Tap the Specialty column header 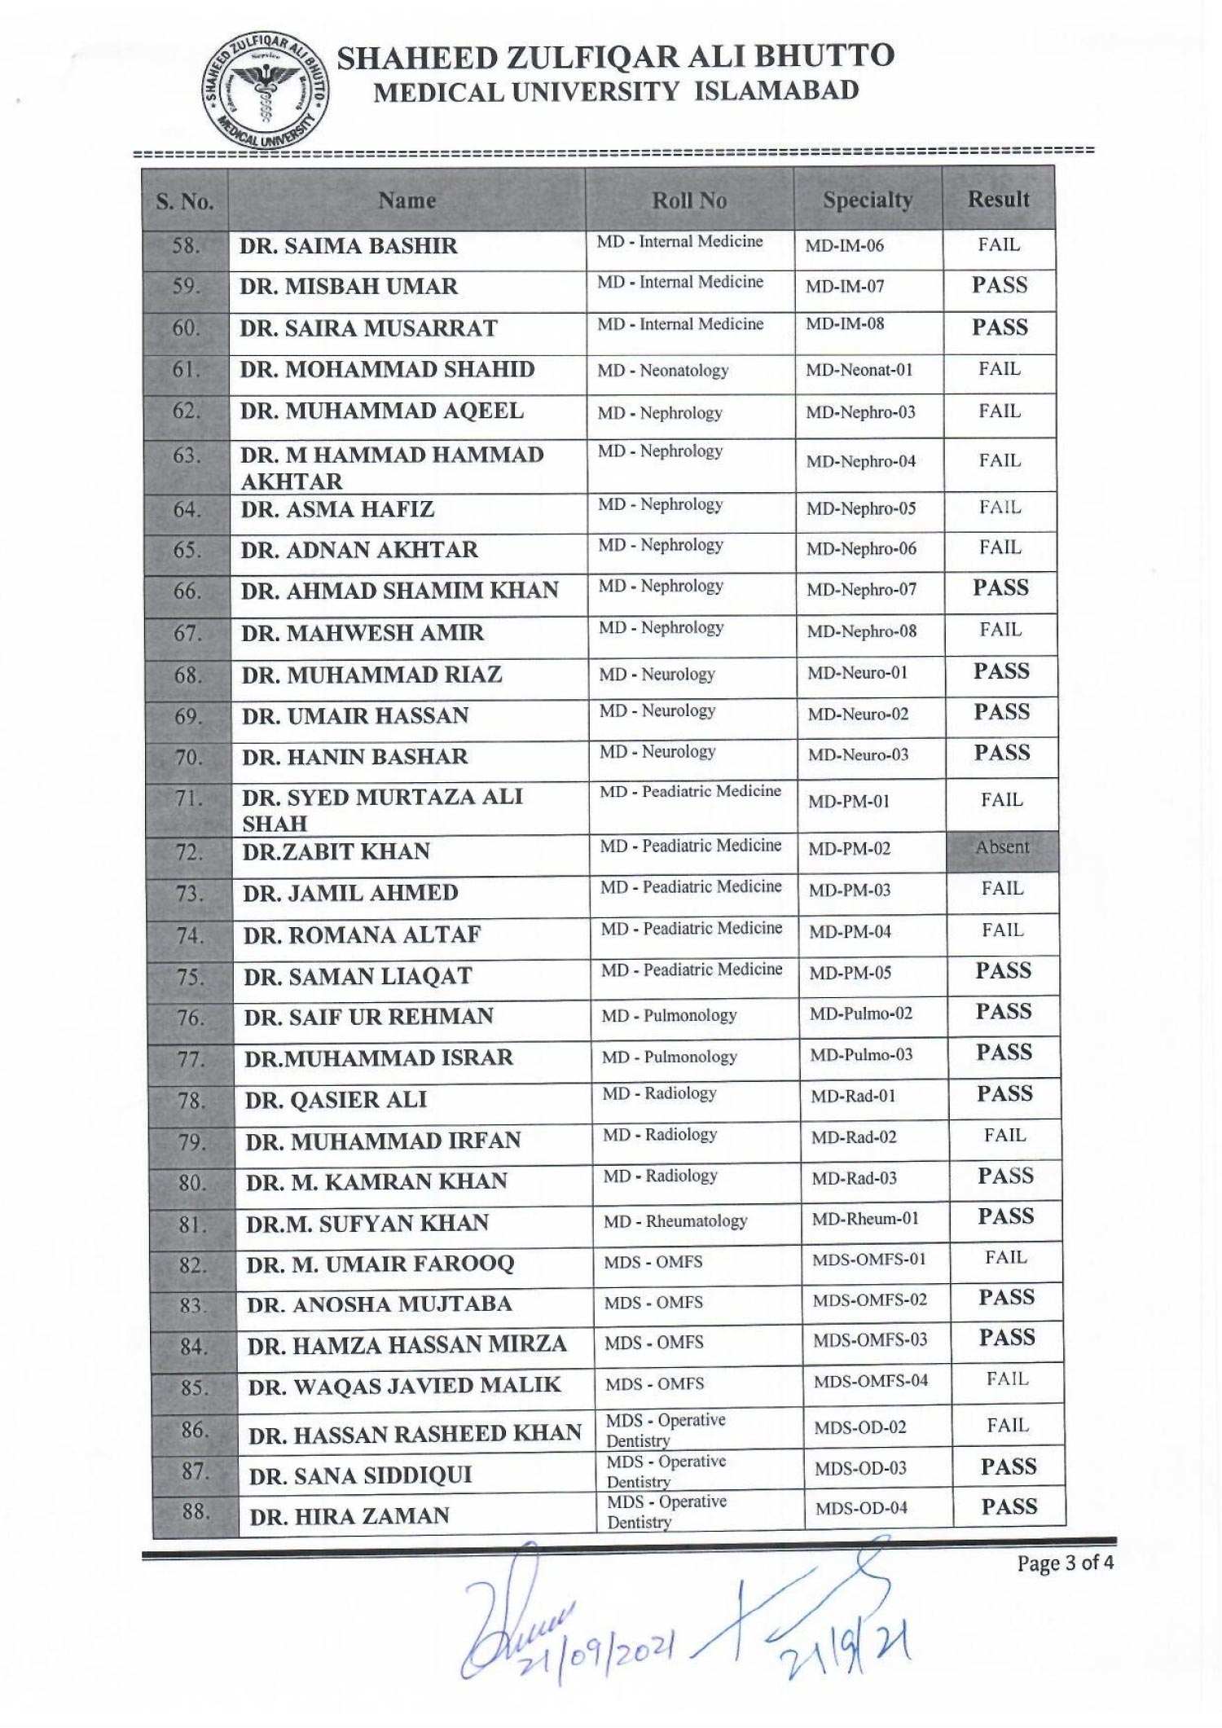(x=867, y=200)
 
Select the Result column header (x=998, y=199)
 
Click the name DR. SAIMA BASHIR (x=348, y=246)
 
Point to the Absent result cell (x=1002, y=847)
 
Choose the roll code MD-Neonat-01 (x=859, y=370)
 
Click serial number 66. (x=187, y=591)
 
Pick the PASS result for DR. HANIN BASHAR (x=1002, y=753)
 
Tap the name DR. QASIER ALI (x=336, y=1100)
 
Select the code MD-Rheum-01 (x=864, y=1219)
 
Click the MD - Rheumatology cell (x=675, y=1221)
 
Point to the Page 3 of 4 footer (x=1065, y=1563)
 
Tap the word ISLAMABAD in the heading (x=776, y=90)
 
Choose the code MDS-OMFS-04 (x=870, y=1381)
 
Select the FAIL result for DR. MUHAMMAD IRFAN (x=1004, y=1136)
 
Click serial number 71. (x=188, y=798)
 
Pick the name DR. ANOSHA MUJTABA (x=379, y=1304)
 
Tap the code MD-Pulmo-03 (x=860, y=1055)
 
